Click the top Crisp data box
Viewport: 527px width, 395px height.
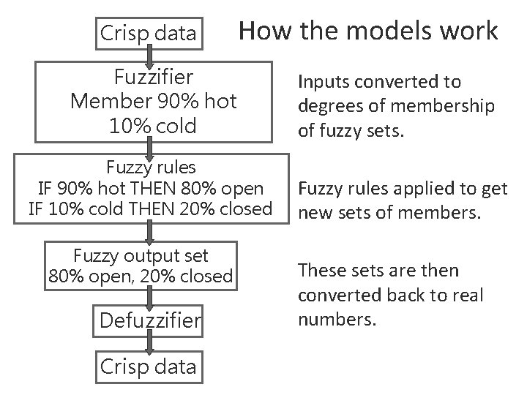148,33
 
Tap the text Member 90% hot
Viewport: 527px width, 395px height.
153,101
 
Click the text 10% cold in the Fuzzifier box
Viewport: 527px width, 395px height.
153,125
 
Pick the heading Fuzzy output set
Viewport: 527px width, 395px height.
141,255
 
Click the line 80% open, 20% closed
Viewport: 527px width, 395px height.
141,276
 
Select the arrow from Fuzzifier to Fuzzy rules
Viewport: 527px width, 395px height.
150,147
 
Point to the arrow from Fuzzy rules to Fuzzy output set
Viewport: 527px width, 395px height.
149,232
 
